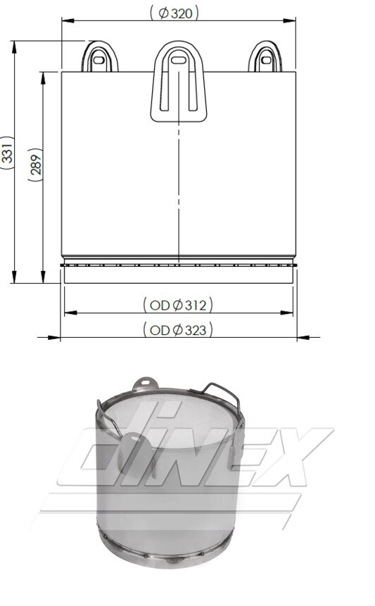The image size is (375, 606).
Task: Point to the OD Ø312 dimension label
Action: coord(178,305)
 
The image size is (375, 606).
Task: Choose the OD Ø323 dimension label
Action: coord(178,329)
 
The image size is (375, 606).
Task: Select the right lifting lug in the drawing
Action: coord(265,58)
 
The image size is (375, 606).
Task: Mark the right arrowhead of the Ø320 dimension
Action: coord(291,21)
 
